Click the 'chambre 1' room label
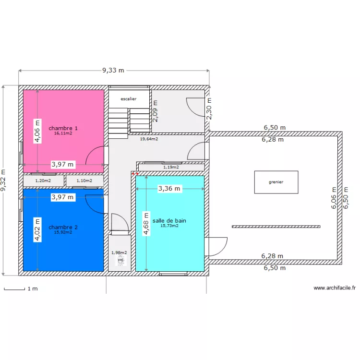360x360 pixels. click(x=63, y=128)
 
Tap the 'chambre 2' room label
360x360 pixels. click(x=63, y=227)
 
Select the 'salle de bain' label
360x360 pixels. click(x=169, y=221)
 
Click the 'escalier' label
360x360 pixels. click(x=129, y=99)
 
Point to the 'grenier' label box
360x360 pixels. click(x=276, y=182)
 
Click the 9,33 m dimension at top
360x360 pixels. click(x=113, y=70)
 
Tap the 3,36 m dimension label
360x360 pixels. click(x=169, y=189)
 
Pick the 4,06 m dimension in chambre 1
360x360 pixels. click(x=37, y=131)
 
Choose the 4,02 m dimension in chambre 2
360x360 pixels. click(x=37, y=229)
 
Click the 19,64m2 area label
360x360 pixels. click(x=149, y=139)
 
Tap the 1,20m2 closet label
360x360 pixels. click(x=43, y=181)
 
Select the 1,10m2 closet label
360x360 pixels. click(x=84, y=181)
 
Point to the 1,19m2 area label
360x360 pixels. click(x=171, y=167)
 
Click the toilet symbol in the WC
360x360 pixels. click(x=120, y=260)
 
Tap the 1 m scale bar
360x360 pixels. click(x=14, y=289)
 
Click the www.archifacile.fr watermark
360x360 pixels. click(x=335, y=288)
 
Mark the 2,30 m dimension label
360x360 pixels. click(x=209, y=108)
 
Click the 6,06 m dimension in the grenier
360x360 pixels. click(x=334, y=198)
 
